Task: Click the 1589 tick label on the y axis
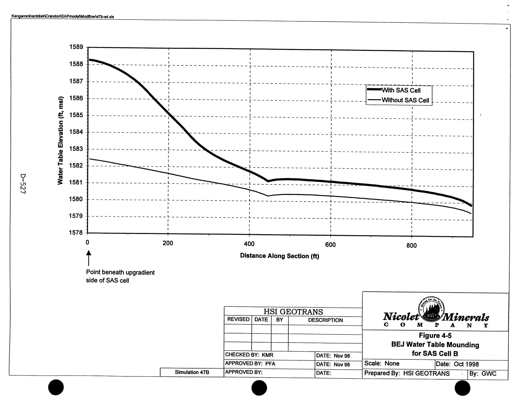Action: (76, 47)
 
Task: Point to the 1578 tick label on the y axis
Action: (76, 233)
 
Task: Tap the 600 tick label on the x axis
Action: (330, 245)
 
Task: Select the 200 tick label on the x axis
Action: (168, 243)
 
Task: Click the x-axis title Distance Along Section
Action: (279, 256)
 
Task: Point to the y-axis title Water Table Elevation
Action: (60, 140)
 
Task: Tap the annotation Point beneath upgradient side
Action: (120, 276)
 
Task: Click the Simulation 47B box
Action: (192, 372)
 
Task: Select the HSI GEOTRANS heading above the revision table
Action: (293, 312)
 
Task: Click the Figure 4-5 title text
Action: (435, 336)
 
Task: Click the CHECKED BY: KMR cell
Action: (249, 355)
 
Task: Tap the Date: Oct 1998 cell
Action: (457, 364)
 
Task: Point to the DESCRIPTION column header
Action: (325, 320)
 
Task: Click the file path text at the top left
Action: (62, 17)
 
